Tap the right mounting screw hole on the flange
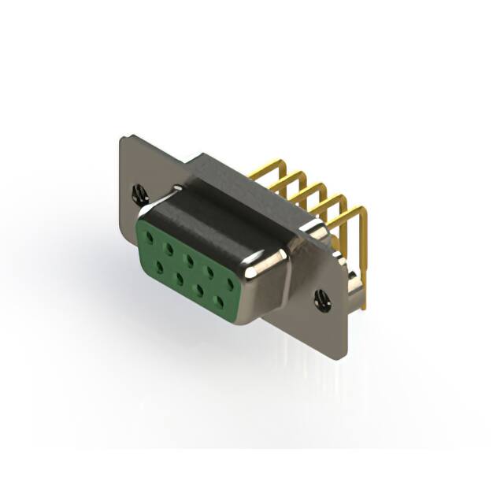321,299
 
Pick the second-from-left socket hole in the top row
169,246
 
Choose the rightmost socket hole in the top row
230,282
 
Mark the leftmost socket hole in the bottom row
159,267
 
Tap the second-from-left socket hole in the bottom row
180,278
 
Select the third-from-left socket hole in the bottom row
200,289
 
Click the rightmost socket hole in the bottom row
220,300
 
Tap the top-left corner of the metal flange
122,139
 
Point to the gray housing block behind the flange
252,178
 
